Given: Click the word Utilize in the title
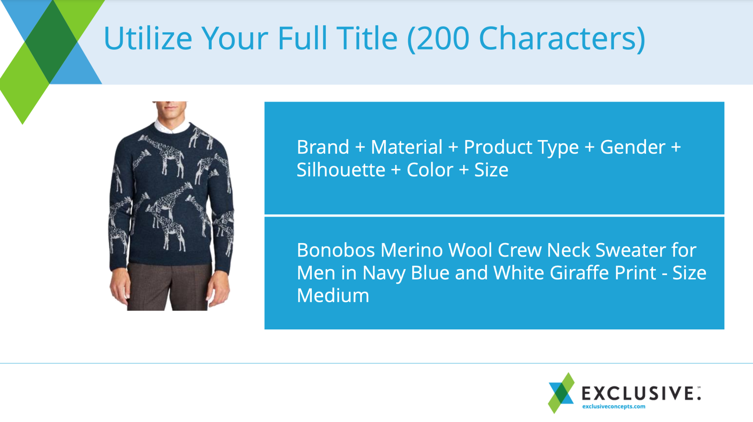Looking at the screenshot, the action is tap(148, 38).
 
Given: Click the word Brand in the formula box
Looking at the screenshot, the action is tap(323, 147).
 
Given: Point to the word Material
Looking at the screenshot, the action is tap(407, 147).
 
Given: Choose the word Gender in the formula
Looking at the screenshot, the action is tap(632, 147).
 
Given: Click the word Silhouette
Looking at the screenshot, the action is tap(341, 170).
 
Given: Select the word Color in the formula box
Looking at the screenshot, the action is tap(430, 170).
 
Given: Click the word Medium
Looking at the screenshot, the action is tap(333, 296).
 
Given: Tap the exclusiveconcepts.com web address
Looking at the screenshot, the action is tap(614, 407).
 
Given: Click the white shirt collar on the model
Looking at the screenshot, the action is tap(172, 126).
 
